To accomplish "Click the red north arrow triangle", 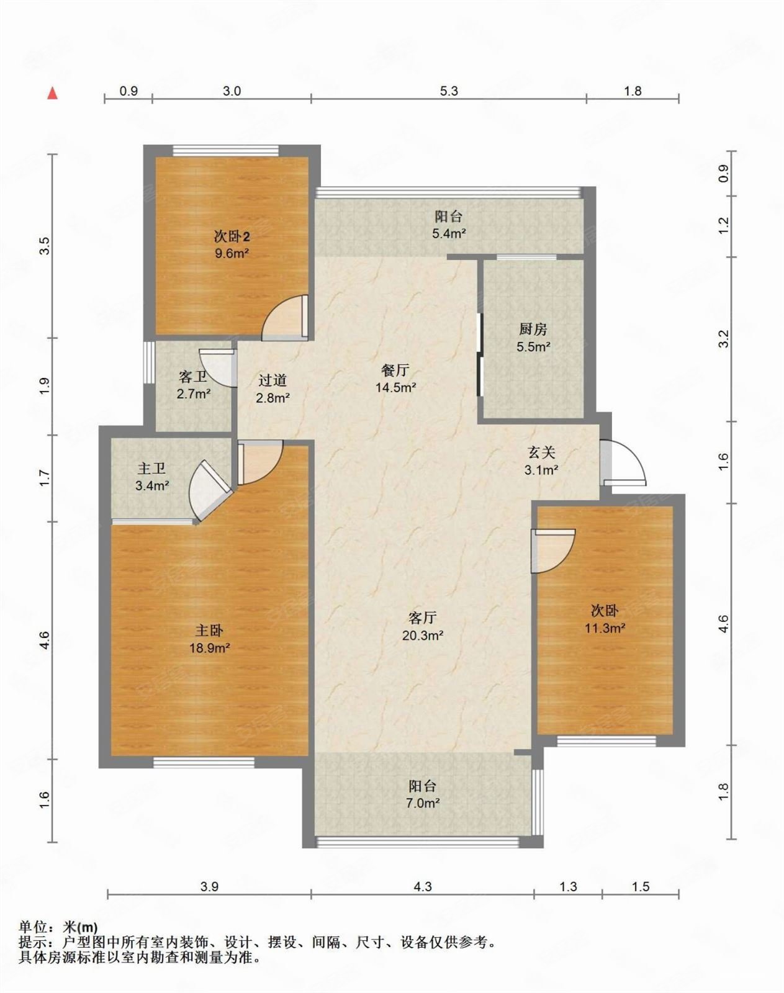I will (x=53, y=94).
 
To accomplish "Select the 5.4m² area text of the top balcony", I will (x=449, y=234).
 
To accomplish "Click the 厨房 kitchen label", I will (x=533, y=330).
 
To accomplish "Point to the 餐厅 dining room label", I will (x=395, y=371).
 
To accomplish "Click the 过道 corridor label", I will (x=273, y=380).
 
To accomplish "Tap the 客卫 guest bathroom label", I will (x=192, y=377).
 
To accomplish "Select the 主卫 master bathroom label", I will (x=151, y=469).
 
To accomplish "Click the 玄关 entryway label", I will (x=541, y=453).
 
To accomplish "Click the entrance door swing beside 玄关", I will (x=624, y=462).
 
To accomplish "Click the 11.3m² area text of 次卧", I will (x=604, y=628).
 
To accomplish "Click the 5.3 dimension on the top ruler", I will (x=448, y=91).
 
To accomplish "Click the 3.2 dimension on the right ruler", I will (x=723, y=339).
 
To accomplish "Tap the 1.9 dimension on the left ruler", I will (x=43, y=387).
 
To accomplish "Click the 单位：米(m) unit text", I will (x=58, y=927).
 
